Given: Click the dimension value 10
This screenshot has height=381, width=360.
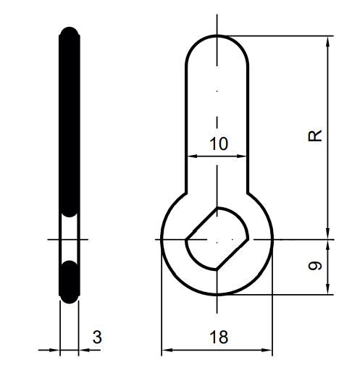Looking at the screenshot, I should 218,143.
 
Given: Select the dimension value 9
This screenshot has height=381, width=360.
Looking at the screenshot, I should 314,267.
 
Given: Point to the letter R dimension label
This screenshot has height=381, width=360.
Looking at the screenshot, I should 314,135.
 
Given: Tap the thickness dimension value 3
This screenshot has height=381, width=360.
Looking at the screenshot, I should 97,337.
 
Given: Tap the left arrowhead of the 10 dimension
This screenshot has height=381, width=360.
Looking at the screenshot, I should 191,155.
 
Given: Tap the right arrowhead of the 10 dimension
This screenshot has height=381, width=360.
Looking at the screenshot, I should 246,155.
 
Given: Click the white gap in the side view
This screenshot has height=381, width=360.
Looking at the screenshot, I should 69,238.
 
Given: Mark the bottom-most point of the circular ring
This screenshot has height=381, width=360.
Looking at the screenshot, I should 217,295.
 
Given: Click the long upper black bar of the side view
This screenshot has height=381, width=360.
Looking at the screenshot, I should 69,123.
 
